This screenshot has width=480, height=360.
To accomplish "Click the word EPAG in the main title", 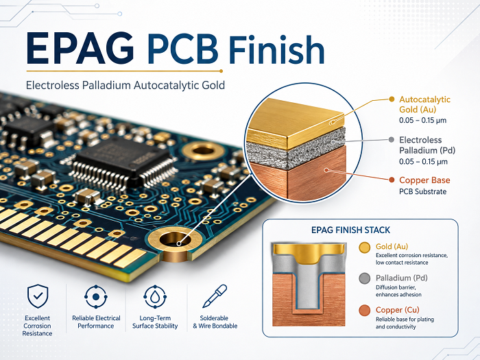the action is [x=80, y=49].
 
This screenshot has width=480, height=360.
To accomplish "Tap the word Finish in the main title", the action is [x=276, y=49].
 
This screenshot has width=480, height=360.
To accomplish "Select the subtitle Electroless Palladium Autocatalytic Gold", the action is [x=125, y=85].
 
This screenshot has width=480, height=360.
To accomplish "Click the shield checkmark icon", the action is [x=38, y=296].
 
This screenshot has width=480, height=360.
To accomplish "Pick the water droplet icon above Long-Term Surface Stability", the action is [x=155, y=297].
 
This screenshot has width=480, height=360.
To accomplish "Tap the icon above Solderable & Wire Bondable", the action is [x=215, y=296].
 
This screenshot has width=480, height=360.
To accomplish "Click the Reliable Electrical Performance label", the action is [x=96, y=322].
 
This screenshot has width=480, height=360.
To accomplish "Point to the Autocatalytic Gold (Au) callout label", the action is [x=424, y=104].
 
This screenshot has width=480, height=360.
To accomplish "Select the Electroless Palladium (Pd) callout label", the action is [x=427, y=145].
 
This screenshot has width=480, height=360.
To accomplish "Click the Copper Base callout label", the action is [x=424, y=180].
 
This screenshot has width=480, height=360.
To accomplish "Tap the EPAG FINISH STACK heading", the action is [x=350, y=230].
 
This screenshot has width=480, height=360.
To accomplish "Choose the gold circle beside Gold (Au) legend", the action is [x=364, y=248].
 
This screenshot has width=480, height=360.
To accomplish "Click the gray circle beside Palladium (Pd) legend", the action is [x=364, y=278].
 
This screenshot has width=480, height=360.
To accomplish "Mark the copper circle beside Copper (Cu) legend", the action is [x=364, y=310].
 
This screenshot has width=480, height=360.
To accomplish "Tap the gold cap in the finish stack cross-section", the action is [x=309, y=252].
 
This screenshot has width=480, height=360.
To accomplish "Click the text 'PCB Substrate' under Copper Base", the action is [x=423, y=191].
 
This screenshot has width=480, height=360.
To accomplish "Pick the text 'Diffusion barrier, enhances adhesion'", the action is [x=398, y=291].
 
